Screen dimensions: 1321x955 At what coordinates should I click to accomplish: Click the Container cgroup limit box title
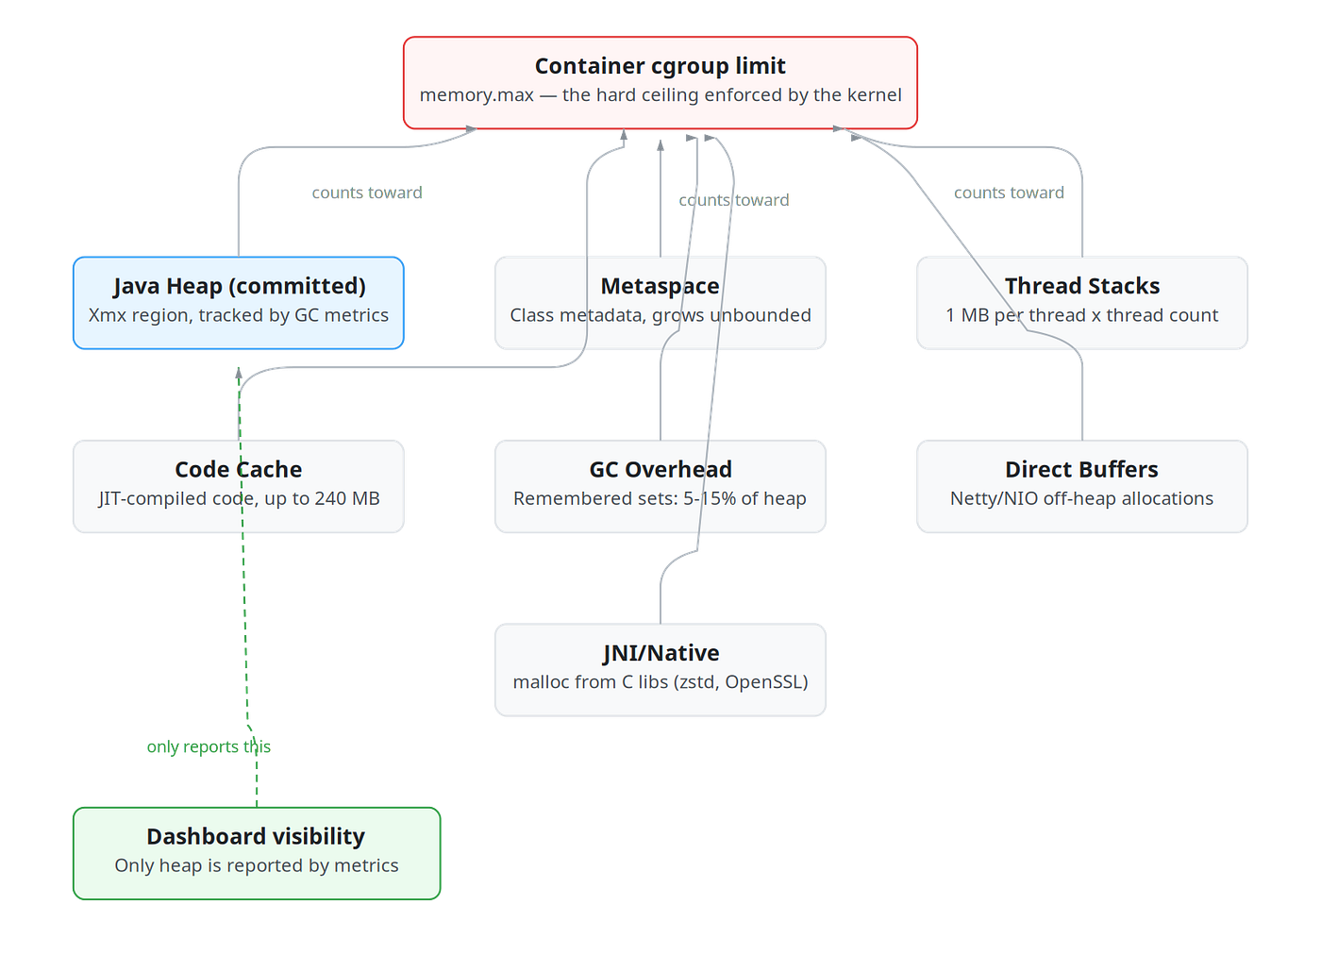point(660,66)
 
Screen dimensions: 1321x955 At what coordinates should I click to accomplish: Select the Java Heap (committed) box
point(238,303)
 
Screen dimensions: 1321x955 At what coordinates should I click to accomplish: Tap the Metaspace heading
point(660,286)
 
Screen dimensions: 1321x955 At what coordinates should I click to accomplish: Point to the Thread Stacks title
point(1082,286)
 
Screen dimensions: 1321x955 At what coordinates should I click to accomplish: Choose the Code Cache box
point(238,486)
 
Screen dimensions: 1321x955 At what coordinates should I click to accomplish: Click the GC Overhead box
point(660,486)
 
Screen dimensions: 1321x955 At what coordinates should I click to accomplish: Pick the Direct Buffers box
point(1082,486)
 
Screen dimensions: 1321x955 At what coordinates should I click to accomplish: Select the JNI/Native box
point(660,670)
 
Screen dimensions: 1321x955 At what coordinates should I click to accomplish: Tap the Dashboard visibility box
point(257,853)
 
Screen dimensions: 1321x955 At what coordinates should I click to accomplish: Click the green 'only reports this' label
point(209,746)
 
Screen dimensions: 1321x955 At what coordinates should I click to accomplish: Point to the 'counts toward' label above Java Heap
point(367,193)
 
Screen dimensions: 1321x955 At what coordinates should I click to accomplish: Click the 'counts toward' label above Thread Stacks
point(1009,193)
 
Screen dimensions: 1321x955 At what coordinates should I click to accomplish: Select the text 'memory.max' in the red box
point(477,95)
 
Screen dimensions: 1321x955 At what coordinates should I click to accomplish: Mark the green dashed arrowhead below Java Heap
point(239,373)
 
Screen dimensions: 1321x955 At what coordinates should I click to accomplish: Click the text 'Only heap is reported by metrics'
point(257,865)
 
